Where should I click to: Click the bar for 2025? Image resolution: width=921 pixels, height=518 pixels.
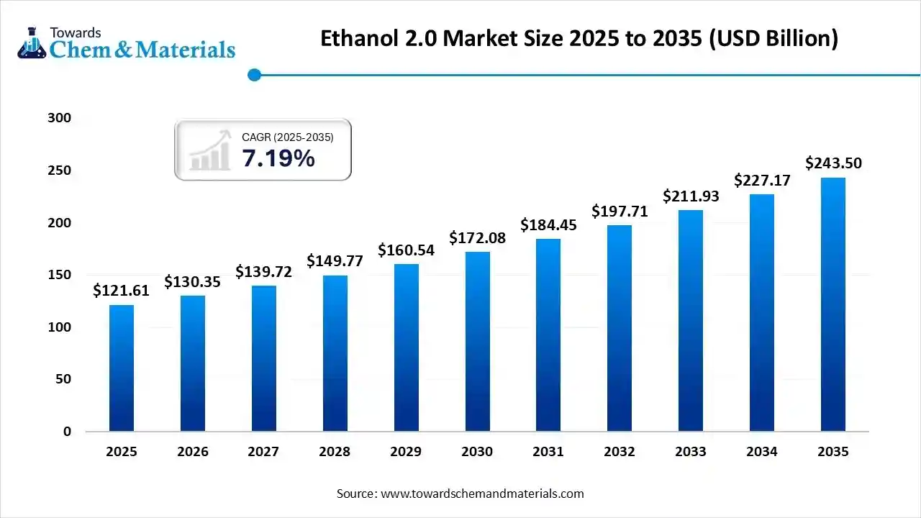click(121, 368)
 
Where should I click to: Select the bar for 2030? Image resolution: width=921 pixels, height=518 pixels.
click(477, 341)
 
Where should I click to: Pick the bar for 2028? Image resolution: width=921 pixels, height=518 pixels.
click(335, 353)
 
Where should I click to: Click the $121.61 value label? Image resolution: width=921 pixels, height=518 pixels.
click(122, 291)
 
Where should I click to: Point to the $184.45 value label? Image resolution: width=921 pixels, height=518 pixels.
click(549, 224)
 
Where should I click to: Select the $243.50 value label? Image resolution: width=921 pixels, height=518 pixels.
click(833, 163)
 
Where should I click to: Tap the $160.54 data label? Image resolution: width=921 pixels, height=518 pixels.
click(407, 250)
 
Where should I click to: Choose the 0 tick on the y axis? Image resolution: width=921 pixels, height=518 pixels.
click(66, 432)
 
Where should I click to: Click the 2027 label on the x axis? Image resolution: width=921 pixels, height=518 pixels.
click(263, 452)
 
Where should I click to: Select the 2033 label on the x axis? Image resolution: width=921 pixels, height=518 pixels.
click(691, 452)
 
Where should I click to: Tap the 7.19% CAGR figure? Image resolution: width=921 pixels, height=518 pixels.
click(278, 158)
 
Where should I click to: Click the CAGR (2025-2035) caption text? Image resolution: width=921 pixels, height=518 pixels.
click(287, 137)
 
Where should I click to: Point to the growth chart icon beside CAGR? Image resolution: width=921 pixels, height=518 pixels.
click(209, 150)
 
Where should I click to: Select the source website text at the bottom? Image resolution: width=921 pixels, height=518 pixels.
click(460, 494)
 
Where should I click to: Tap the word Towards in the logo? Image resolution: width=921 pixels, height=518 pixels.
click(75, 32)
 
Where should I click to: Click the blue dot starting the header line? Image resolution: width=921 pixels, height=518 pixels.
click(254, 75)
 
